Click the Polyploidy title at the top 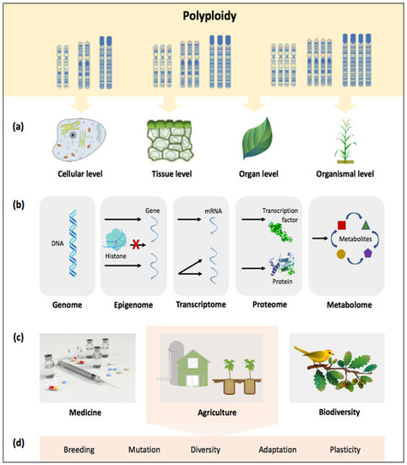(203, 16)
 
